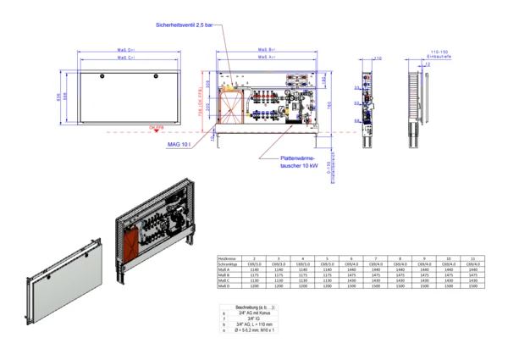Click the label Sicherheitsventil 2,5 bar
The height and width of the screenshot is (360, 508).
(185, 25)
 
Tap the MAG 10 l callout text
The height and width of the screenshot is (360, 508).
(179, 145)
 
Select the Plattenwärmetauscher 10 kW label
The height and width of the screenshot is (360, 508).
(298, 162)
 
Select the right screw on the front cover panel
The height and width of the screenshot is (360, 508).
(155, 77)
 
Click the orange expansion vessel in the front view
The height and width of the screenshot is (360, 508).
(229, 107)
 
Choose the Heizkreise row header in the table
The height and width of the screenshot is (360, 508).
(226, 258)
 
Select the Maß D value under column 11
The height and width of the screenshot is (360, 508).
(473, 287)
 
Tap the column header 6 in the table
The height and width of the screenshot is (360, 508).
(351, 258)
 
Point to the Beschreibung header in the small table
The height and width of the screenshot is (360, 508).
(247, 307)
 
